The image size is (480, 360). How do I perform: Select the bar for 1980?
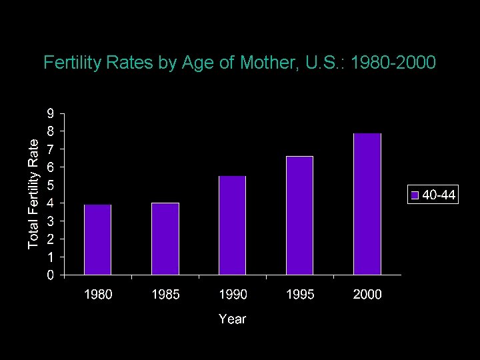tap(97, 239)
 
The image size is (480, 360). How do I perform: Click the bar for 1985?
tap(165, 239)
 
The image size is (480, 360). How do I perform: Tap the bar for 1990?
tap(232, 225)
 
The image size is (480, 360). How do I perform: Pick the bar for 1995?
tap(299, 215)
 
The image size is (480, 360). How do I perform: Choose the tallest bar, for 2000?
tap(367, 204)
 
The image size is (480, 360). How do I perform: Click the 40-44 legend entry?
tap(433, 195)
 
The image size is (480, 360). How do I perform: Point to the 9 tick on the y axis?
tap(51, 113)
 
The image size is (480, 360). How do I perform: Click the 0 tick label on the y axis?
tap(51, 275)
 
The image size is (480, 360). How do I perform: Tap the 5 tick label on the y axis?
tap(51, 185)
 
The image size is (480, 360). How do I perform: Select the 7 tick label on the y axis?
tap(51, 149)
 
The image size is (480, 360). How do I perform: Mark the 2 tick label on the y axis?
tap(51, 239)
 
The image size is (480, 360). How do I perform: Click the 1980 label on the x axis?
tap(97, 295)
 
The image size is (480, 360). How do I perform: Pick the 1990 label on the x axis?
tap(232, 295)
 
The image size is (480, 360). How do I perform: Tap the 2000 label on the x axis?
tap(367, 295)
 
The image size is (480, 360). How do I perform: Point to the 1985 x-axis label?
tap(165, 295)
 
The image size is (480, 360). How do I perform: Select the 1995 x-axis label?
tap(299, 295)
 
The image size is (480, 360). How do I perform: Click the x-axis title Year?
tap(232, 319)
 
